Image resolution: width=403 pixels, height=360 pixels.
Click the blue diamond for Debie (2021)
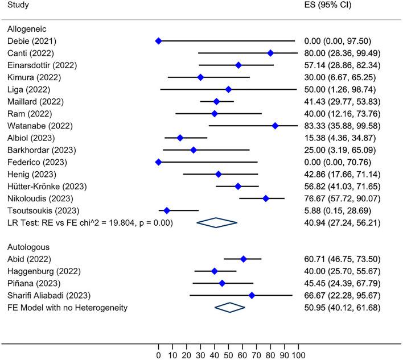click(158, 41)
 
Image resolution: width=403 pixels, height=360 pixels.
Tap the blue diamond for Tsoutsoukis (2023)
click(167, 210)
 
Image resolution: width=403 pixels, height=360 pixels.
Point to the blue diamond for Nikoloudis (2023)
click(266, 198)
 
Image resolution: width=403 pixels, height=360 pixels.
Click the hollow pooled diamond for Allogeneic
click(216, 223)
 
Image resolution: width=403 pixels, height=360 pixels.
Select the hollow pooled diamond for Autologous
click(229, 308)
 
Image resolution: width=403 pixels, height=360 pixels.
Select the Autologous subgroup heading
click(28, 247)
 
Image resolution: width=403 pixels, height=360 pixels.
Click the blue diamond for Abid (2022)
click(244, 259)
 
